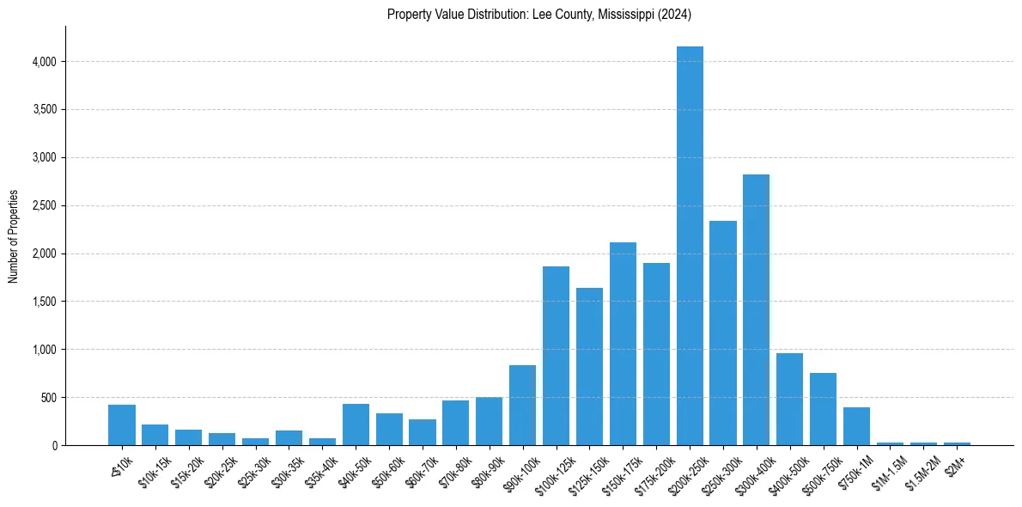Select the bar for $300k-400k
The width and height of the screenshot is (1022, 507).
point(757,309)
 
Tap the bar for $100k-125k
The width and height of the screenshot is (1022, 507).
point(556,356)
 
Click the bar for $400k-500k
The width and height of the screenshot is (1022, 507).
point(790,399)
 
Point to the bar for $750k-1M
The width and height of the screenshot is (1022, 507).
point(856,426)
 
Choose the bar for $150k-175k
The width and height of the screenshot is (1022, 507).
point(623,344)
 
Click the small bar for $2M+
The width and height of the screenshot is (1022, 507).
point(957,443)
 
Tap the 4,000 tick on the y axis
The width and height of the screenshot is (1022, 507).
point(43,62)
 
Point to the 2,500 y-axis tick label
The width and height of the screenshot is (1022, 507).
point(43,206)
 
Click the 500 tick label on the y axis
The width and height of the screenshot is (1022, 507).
point(48,398)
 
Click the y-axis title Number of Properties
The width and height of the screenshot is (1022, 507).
point(14,236)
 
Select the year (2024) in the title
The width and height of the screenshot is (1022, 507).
point(673,15)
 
